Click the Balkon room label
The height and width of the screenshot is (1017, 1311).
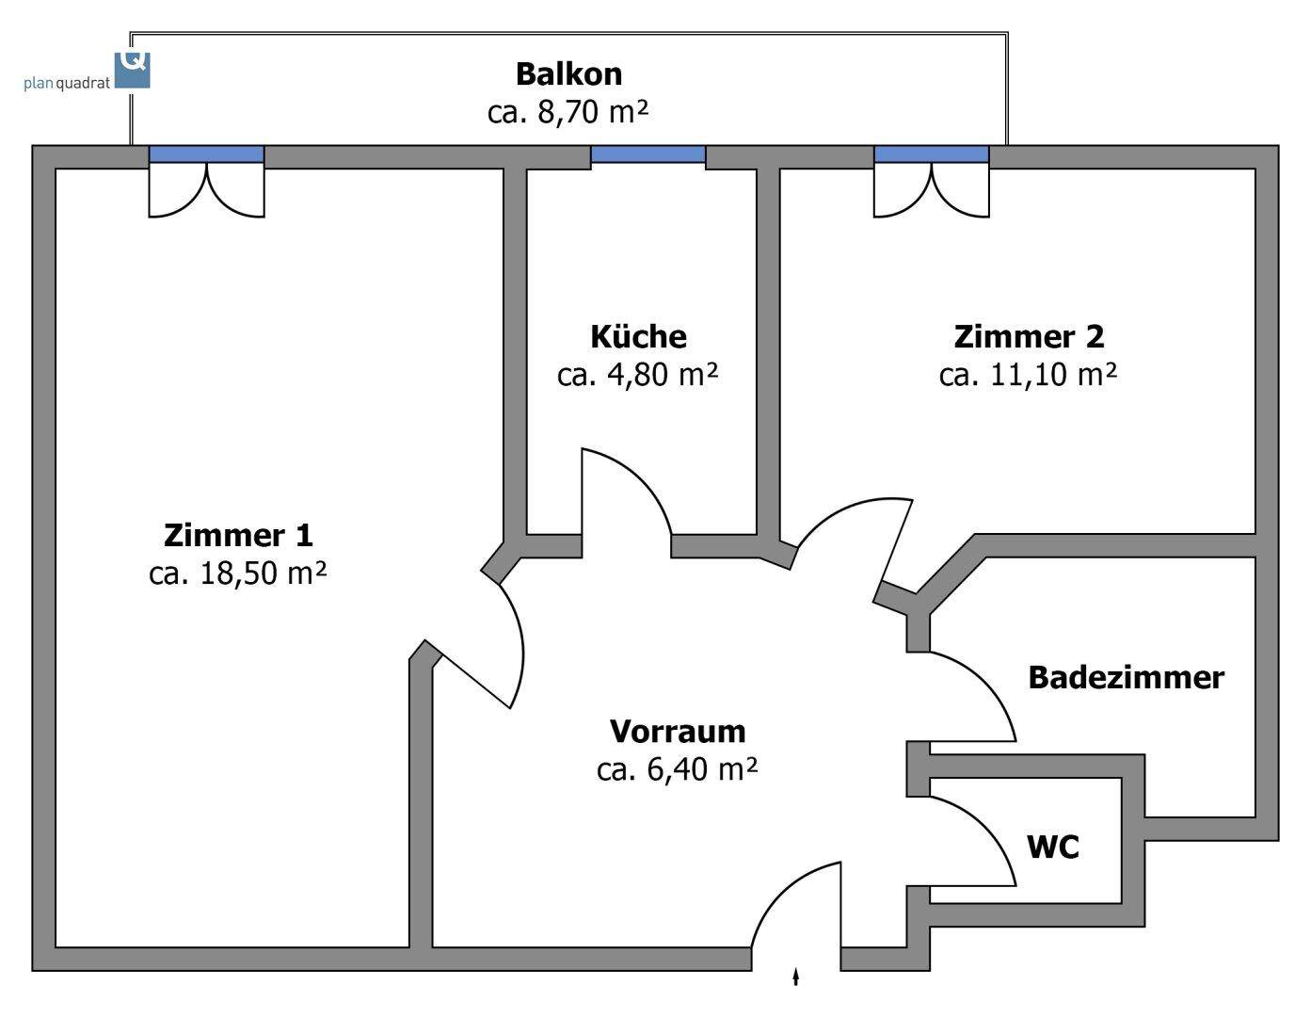[568, 73]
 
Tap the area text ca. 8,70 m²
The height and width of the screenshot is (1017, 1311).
[568, 112]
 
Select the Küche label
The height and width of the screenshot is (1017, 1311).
[638, 336]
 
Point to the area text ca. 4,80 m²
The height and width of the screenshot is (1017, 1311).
[638, 375]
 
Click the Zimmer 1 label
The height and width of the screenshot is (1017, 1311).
[238, 535]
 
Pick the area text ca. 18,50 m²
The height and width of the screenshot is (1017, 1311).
[238, 573]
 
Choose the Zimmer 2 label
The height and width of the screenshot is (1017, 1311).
[1029, 336]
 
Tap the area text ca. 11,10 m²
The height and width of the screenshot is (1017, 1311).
[1029, 375]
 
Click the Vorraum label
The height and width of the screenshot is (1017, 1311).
[678, 731]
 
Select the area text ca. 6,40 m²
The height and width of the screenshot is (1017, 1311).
[678, 769]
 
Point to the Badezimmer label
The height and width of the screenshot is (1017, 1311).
[1126, 677]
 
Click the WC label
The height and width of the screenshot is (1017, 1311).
[1053, 847]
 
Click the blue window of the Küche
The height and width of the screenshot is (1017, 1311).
[648, 154]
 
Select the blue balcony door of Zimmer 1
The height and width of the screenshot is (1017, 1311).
[207, 154]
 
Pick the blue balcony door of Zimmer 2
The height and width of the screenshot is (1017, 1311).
[932, 154]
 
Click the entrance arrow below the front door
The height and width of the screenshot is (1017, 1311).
[796, 977]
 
